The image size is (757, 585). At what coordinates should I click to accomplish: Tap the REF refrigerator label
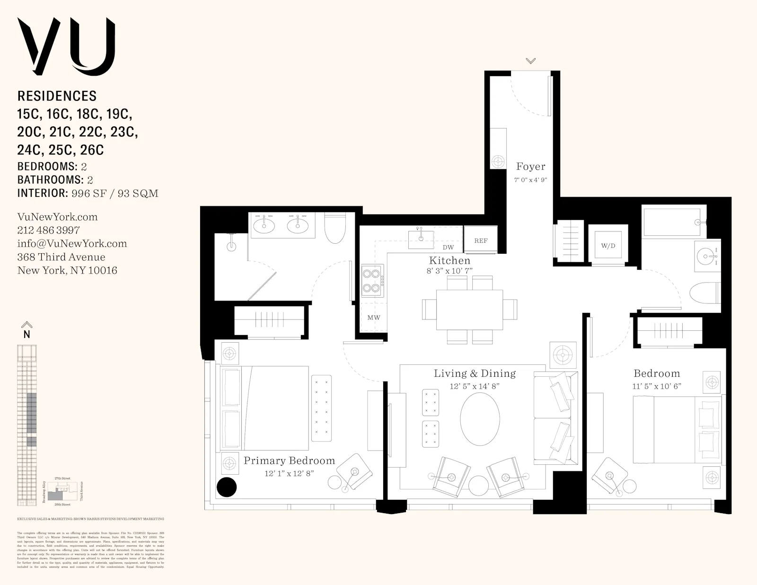point(481,241)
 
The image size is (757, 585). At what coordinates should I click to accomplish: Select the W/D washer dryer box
point(608,245)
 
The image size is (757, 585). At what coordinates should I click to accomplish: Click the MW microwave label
point(374,318)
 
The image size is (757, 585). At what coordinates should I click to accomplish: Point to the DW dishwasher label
point(448,248)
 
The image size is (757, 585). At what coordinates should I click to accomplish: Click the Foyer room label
point(530,167)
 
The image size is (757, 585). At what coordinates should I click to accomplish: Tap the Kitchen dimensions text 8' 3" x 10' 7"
point(449,271)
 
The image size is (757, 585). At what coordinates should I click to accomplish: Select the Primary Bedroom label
point(289,461)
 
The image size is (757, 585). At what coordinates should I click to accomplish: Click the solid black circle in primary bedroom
point(227,487)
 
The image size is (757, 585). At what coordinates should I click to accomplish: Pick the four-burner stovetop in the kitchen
point(372,280)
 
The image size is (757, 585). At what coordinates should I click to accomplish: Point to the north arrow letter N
point(27,334)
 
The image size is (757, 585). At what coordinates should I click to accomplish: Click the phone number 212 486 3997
point(48,230)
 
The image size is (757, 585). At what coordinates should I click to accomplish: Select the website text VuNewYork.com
point(57,217)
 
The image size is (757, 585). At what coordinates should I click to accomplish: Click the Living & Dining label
point(475,373)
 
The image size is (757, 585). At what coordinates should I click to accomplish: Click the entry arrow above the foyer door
point(530,61)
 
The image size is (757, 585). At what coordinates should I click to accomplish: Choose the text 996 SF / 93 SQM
point(114,193)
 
